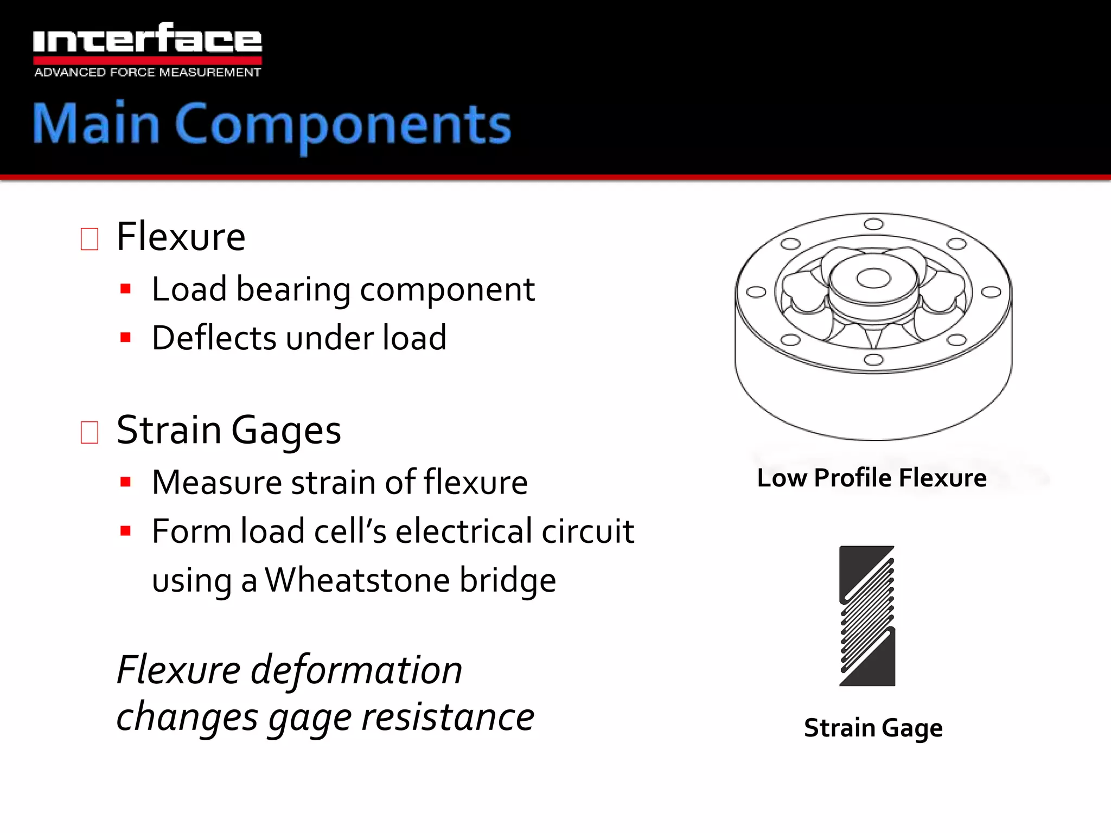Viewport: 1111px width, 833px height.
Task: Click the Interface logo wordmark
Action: (147, 39)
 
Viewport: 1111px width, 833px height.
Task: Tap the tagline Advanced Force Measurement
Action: (147, 72)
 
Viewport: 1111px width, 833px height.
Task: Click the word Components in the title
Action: (343, 125)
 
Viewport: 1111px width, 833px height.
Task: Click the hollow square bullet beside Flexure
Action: (90, 239)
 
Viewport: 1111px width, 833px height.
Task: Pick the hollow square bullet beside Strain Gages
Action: (90, 432)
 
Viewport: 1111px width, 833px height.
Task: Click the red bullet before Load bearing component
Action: (126, 289)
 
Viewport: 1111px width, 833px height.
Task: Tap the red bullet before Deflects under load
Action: (126, 337)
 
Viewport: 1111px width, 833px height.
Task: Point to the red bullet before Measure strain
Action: (126, 482)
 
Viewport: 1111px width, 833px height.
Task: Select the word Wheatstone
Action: (357, 580)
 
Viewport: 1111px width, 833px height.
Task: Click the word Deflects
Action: (214, 337)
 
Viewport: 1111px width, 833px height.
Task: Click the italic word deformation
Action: (356, 670)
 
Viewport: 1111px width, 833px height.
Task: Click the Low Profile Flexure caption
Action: (872, 478)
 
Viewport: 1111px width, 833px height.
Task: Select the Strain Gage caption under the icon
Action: (873, 728)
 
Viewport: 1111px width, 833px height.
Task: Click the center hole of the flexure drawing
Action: (873, 279)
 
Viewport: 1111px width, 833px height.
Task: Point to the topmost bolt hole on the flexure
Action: (873, 224)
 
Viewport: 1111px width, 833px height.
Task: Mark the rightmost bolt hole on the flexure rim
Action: (991, 292)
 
